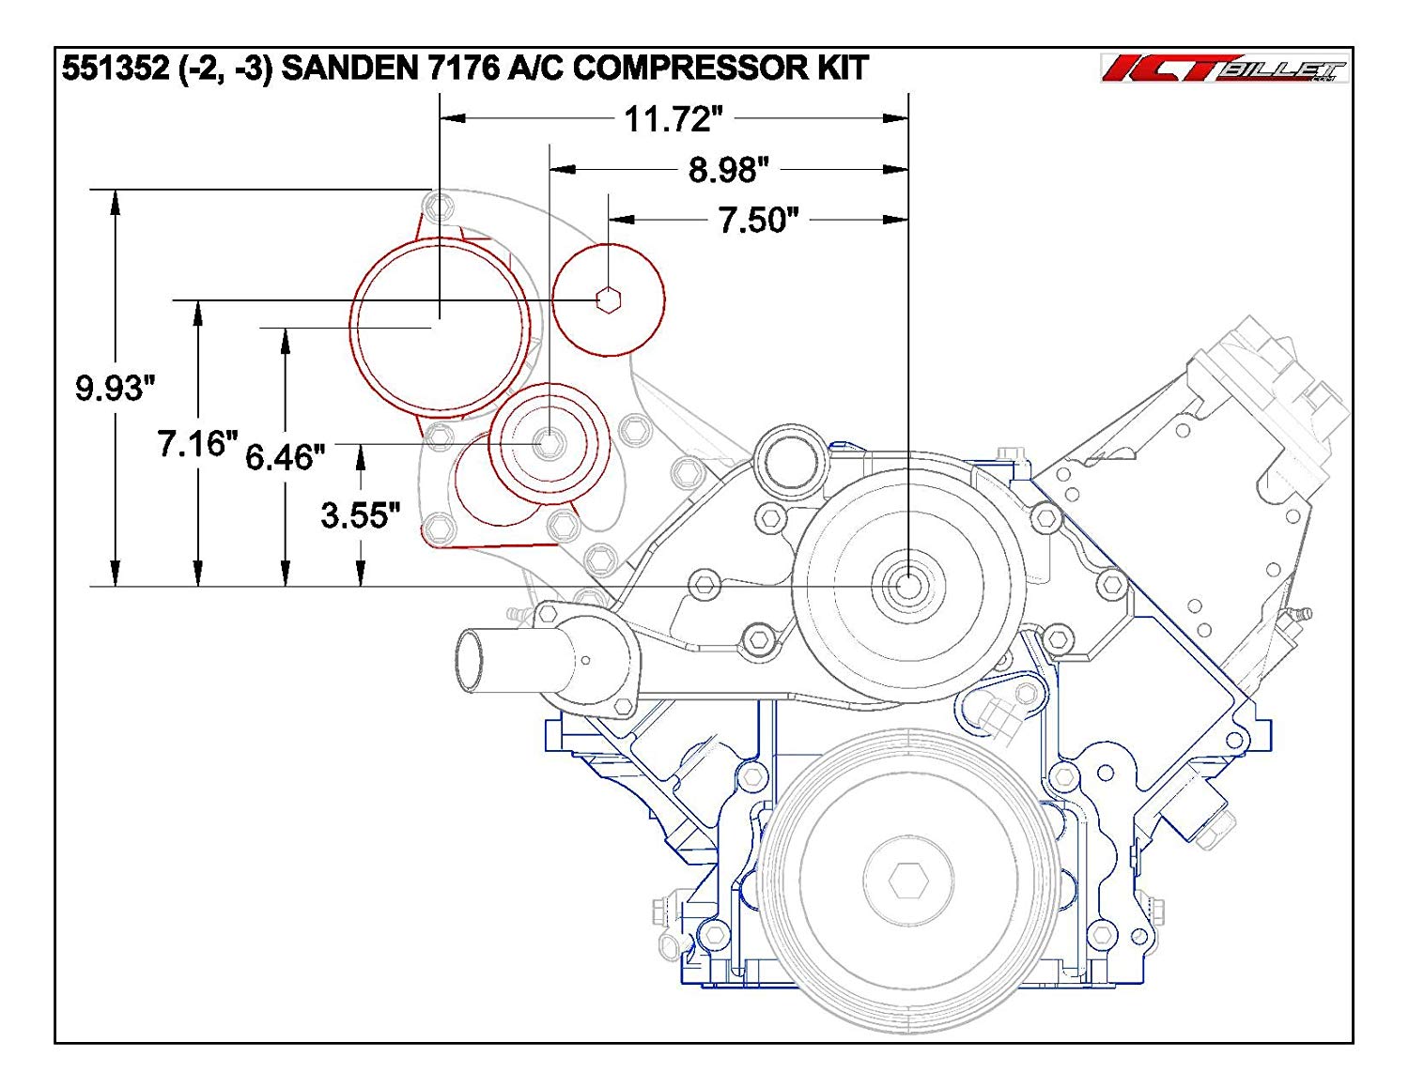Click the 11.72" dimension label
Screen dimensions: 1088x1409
tap(674, 119)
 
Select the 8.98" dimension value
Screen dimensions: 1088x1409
tap(728, 170)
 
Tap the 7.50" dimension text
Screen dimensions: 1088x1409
tap(758, 220)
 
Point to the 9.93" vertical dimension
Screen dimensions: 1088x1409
tap(115, 387)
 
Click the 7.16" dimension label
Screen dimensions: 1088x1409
tap(197, 443)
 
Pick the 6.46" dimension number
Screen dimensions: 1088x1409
tap(285, 457)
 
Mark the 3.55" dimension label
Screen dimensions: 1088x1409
tap(360, 514)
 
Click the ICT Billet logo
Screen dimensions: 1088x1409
tap(1223, 69)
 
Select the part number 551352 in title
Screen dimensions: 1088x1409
tap(116, 69)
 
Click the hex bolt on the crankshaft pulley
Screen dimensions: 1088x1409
tap(908, 881)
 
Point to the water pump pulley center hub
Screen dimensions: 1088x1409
tap(908, 585)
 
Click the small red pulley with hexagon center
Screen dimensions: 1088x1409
tap(609, 299)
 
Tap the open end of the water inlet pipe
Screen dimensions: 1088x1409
tap(469, 661)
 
